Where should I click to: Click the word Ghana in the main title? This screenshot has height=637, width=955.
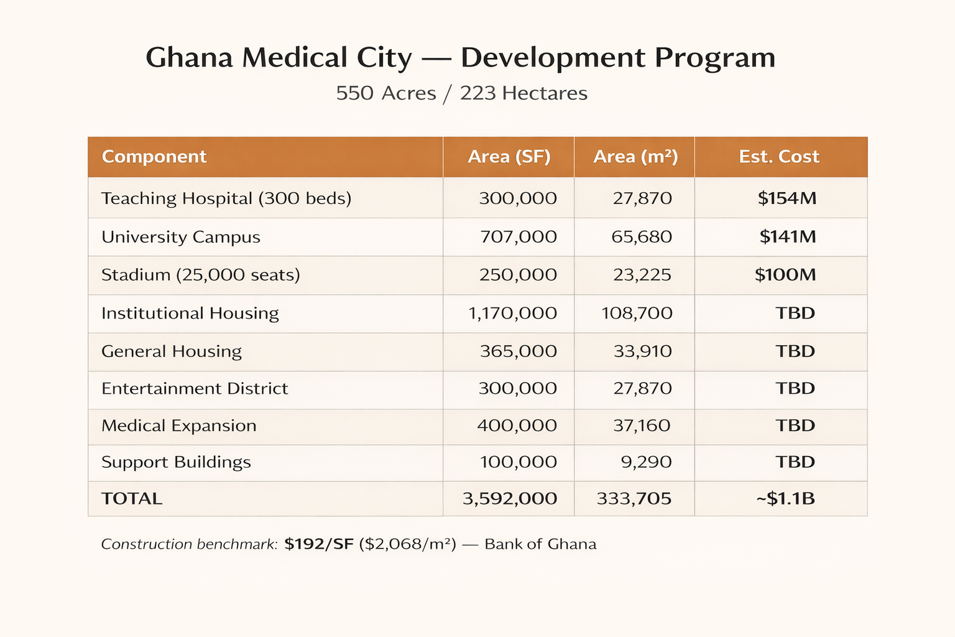pyautogui.click(x=189, y=58)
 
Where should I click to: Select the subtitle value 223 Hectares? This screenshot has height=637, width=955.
pyautogui.click(x=524, y=93)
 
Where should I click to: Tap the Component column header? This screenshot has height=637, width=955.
pyautogui.click(x=154, y=157)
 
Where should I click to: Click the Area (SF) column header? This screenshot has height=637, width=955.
pyautogui.click(x=509, y=157)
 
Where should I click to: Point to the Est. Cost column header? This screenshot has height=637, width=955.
pyautogui.click(x=778, y=157)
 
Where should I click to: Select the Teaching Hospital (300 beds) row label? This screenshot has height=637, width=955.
pyautogui.click(x=226, y=198)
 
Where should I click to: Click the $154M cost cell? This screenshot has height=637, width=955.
pyautogui.click(x=787, y=198)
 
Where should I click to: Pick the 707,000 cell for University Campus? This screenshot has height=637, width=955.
pyautogui.click(x=518, y=237)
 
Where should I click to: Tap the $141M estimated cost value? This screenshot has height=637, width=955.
pyautogui.click(x=787, y=237)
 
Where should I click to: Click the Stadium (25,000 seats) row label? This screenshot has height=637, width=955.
pyautogui.click(x=200, y=275)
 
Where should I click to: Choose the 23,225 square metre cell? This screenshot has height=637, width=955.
pyautogui.click(x=642, y=275)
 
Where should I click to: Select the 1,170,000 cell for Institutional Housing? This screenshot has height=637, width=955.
pyautogui.click(x=512, y=313)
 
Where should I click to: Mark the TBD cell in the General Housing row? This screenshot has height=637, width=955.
pyautogui.click(x=795, y=351)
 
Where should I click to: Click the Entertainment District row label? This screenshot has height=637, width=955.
pyautogui.click(x=195, y=389)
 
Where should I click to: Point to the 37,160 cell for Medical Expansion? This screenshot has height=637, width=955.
pyautogui.click(x=642, y=426)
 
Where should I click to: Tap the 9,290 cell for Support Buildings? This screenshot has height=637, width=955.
pyautogui.click(x=646, y=462)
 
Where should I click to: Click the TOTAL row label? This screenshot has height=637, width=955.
pyautogui.click(x=132, y=499)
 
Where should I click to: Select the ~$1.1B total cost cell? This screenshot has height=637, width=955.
pyautogui.click(x=785, y=499)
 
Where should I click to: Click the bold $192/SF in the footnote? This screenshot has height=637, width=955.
pyautogui.click(x=318, y=544)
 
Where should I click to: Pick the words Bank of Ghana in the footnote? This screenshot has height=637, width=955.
pyautogui.click(x=540, y=544)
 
